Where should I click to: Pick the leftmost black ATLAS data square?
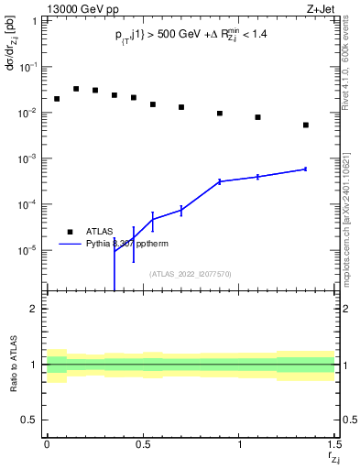pos(57,99)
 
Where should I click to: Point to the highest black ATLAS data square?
pos(76,89)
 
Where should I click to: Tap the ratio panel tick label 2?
pos(34,309)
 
